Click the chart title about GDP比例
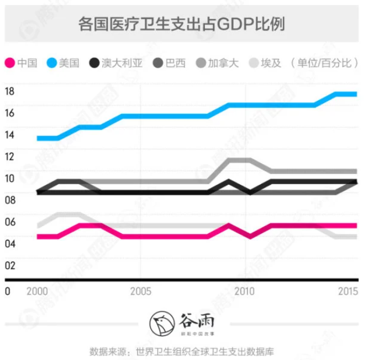[x=182, y=24]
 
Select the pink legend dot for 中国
[x=9, y=63]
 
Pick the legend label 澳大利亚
[x=122, y=63]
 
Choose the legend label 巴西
[x=175, y=63]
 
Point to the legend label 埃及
[x=269, y=63]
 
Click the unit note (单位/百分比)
[x=324, y=63]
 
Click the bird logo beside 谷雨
[x=161, y=323]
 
